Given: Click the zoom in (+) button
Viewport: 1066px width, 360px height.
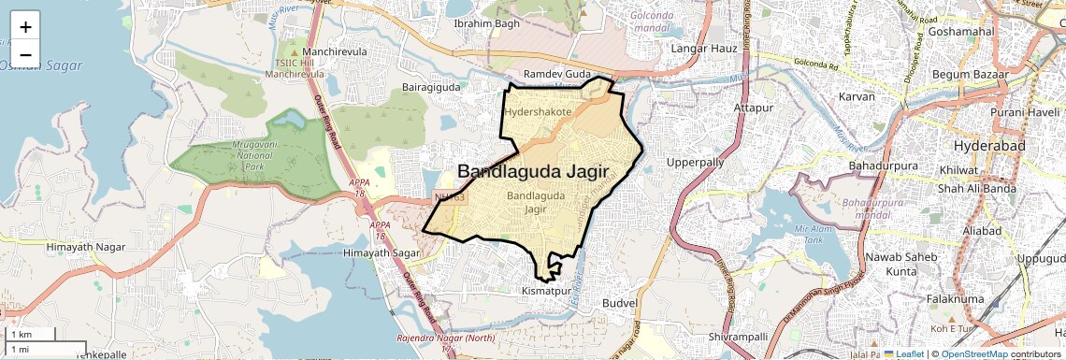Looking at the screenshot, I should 25,27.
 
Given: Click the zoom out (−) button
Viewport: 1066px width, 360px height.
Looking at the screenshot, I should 25,55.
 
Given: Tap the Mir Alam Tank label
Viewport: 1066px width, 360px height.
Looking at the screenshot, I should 812,233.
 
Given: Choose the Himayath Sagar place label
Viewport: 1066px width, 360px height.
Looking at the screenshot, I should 381,253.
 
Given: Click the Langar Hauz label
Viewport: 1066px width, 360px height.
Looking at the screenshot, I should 700,47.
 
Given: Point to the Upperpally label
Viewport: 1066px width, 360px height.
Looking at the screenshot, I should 695,163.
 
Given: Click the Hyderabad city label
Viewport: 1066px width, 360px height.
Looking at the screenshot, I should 989,147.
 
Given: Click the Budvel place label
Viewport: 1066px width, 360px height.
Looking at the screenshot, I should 619,304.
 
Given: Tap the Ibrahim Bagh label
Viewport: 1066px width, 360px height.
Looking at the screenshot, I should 486,23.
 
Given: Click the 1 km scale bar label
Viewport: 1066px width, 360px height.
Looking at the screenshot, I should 21,334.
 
